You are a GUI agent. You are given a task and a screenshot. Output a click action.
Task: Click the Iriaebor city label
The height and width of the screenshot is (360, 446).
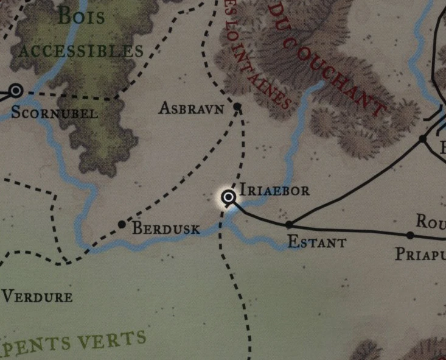click(274, 189)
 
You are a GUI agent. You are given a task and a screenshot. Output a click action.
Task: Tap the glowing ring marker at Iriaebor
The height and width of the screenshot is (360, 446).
click(229, 197)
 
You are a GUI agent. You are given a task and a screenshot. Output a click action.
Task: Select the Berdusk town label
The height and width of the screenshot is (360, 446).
click(166, 229)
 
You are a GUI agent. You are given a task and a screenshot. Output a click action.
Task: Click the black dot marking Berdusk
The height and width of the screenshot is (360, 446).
click(122, 225)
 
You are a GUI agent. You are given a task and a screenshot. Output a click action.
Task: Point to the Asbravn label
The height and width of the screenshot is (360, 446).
click(191, 108)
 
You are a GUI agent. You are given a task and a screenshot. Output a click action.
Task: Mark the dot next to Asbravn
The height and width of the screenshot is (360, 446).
click(237, 107)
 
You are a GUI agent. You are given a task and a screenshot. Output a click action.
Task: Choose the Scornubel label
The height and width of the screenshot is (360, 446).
click(55, 113)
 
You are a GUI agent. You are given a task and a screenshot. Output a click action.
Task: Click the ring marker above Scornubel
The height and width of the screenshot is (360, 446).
click(16, 91)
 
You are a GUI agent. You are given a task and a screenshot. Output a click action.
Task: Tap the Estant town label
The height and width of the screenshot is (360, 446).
click(316, 242)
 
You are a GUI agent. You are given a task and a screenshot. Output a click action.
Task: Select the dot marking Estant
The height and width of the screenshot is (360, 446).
click(289, 225)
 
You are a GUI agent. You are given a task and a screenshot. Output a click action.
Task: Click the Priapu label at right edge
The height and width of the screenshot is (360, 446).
click(420, 253)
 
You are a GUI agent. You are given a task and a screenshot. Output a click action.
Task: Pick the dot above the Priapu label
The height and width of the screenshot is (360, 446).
click(410, 235)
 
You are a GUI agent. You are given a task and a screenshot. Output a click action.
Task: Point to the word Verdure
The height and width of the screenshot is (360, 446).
click(38, 297)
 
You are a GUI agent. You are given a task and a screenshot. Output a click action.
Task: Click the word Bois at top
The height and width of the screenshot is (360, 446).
click(81, 16)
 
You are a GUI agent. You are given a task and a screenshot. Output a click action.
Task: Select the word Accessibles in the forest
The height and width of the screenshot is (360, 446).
click(81, 51)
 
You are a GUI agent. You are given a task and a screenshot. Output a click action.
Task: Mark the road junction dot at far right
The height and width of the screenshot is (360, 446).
click(423, 139)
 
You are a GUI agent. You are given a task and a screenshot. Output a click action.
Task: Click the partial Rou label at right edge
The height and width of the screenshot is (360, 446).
click(430, 222)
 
